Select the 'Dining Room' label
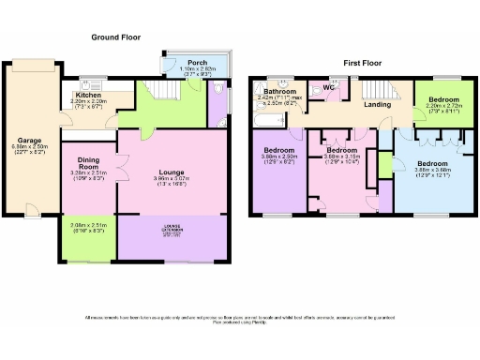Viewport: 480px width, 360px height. (x=90, y=162)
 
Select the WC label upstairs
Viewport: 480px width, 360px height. (x=329, y=89)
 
